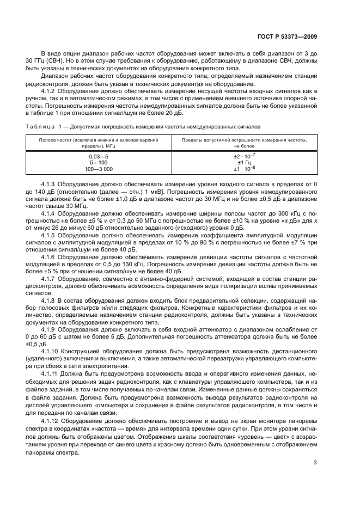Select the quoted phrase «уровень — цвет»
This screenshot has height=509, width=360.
pyautogui.click(x=242, y=436)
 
